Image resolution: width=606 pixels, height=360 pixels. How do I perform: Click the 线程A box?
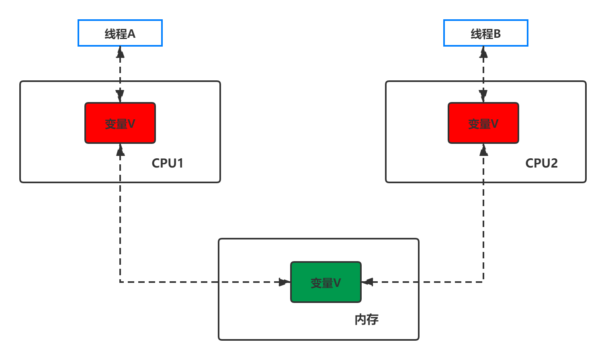click(x=120, y=33)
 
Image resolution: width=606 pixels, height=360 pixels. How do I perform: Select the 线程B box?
click(x=485, y=33)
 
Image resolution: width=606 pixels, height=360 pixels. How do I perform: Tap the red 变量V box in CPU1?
click(x=120, y=123)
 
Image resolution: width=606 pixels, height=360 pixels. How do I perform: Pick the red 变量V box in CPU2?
click(x=483, y=123)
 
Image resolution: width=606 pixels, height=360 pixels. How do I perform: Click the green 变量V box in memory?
click(x=326, y=282)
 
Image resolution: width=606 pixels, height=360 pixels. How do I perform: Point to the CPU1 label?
click(x=168, y=163)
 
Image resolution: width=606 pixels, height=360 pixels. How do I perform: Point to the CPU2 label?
click(x=541, y=163)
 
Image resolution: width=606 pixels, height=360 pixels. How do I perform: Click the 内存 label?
click(x=366, y=319)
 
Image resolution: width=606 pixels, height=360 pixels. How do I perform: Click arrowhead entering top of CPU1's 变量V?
click(x=120, y=96)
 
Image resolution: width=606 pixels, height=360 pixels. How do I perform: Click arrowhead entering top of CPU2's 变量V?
click(x=483, y=96)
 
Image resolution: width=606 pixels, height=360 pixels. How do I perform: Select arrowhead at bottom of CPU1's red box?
click(x=120, y=149)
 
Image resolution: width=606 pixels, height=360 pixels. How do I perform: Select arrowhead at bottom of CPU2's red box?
click(x=483, y=149)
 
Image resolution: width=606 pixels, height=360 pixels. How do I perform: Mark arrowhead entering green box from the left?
click(x=285, y=282)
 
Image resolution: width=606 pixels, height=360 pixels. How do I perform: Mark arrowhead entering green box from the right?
click(x=367, y=282)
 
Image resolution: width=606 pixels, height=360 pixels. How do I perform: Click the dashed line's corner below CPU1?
click(x=120, y=282)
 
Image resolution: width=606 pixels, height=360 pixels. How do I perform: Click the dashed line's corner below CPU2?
click(x=483, y=282)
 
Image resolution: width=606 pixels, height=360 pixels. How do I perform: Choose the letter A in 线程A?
click(x=131, y=34)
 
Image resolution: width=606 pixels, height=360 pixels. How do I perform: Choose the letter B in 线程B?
click(x=497, y=34)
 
